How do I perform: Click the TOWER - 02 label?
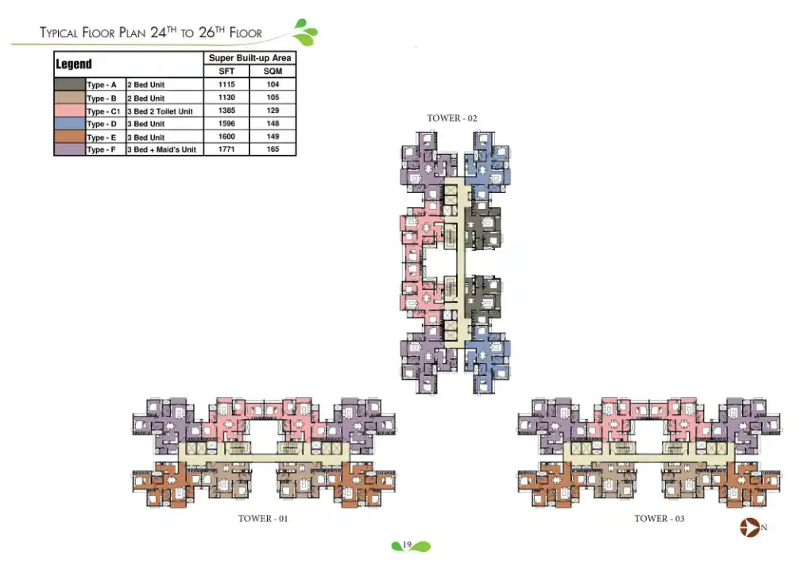click(451, 118)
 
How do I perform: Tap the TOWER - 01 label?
click(262, 519)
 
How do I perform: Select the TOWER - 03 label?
click(659, 519)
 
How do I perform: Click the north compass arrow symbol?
click(749, 527)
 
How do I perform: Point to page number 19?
click(406, 545)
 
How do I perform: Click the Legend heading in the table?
click(74, 64)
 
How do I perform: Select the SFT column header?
click(226, 71)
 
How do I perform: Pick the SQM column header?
click(273, 71)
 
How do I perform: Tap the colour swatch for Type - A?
click(69, 84)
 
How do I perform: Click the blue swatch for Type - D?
click(69, 124)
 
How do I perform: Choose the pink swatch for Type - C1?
click(69, 110)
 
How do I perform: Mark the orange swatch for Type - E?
click(69, 137)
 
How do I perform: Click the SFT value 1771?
click(226, 149)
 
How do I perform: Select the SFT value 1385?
click(226, 110)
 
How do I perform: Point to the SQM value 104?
click(273, 84)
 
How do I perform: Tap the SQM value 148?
click(273, 124)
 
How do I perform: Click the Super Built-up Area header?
click(250, 58)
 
